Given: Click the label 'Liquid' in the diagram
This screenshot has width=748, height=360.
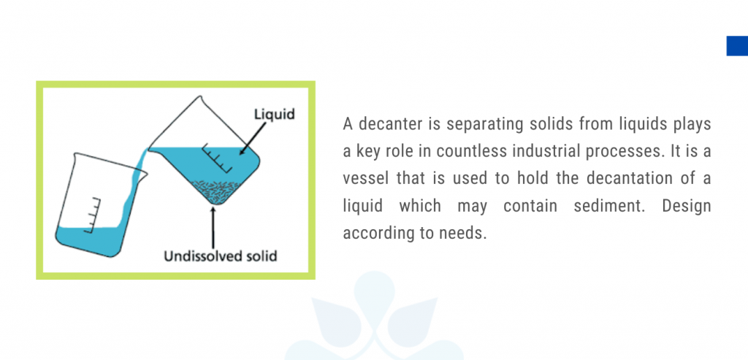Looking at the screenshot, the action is click(x=273, y=115).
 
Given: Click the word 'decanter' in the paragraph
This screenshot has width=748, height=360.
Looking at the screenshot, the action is click(x=386, y=124).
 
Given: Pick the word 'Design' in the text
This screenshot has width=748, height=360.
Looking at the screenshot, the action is click(x=687, y=206).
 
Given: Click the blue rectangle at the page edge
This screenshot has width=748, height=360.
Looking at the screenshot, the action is click(x=736, y=45).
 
